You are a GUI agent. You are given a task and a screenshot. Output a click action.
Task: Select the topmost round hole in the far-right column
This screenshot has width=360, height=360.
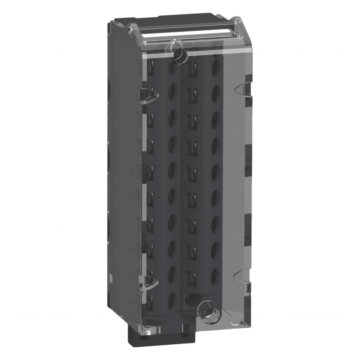pyautogui.click(x=216, y=66)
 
